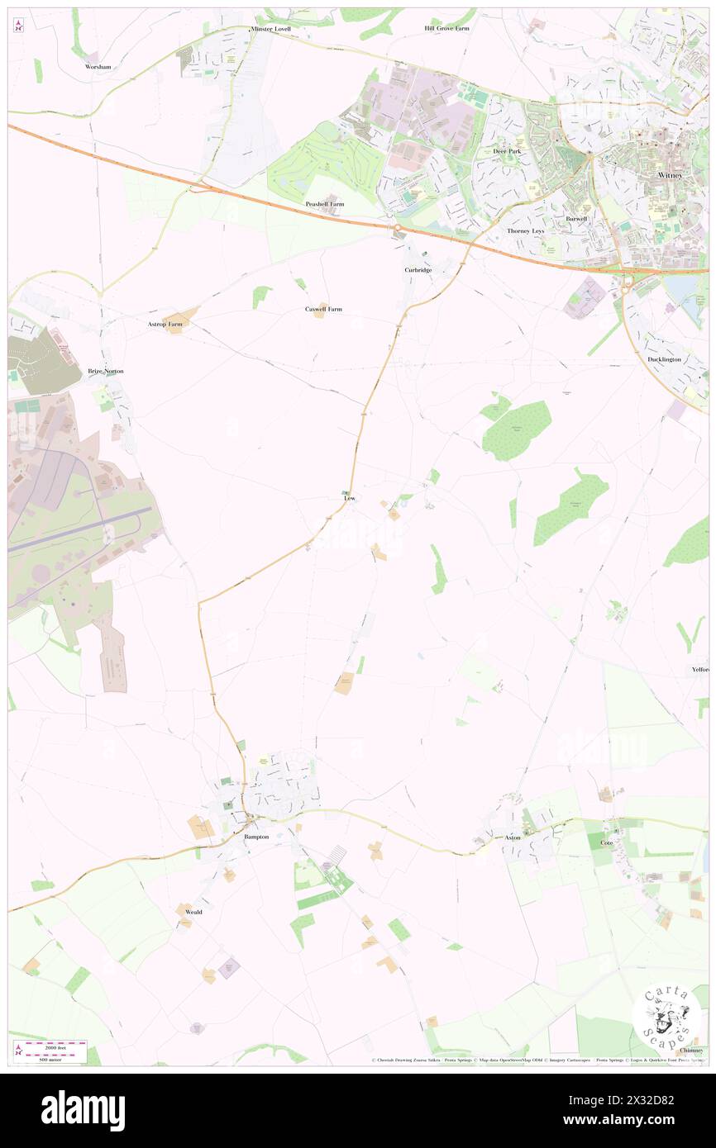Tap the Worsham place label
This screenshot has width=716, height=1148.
(98, 66)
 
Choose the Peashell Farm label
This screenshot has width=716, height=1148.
(324, 203)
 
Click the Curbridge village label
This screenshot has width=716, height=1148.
(418, 270)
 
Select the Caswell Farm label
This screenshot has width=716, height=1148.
(323, 309)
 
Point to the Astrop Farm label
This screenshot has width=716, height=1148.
(165, 325)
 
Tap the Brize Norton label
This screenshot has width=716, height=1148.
(106, 371)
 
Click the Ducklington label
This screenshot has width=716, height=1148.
(665, 359)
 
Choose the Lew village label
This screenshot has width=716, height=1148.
(350, 499)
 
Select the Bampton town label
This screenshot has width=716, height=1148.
(256, 837)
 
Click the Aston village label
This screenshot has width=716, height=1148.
(513, 837)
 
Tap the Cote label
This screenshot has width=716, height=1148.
(606, 842)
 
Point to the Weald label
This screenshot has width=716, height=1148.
(193, 912)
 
